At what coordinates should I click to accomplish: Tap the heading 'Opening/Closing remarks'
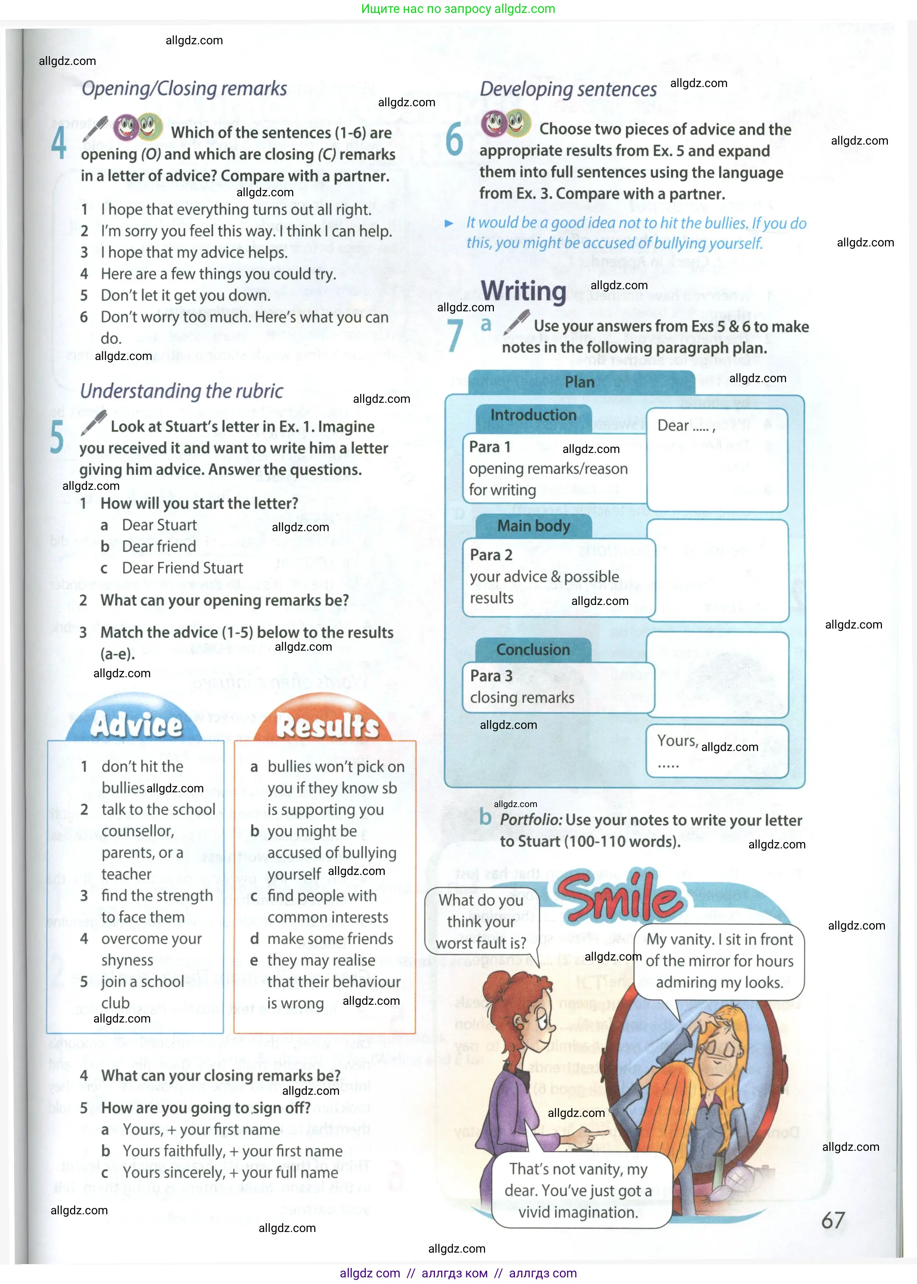(184, 89)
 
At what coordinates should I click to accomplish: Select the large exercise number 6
(454, 140)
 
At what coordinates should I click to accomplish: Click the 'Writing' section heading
(523, 291)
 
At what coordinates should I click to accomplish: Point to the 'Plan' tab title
(579, 382)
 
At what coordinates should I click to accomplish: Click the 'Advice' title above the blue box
(136, 724)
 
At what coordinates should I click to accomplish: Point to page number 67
(833, 1221)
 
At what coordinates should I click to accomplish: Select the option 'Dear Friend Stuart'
(182, 568)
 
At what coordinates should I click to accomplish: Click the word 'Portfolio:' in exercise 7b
(531, 820)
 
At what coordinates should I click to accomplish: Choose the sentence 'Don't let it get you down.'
(185, 295)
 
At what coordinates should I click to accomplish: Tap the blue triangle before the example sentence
(449, 224)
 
